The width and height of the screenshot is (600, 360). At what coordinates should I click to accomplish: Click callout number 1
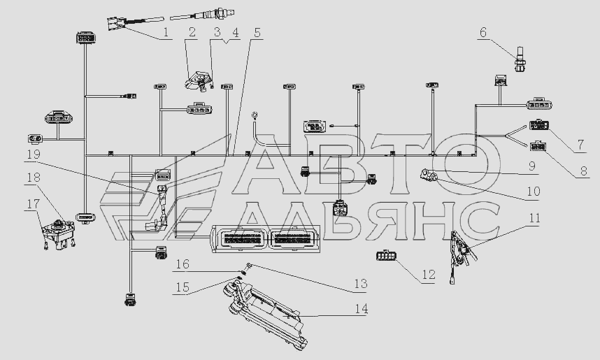166,33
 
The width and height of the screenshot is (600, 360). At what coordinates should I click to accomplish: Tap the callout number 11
534,218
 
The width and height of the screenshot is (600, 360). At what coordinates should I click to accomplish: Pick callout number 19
33,154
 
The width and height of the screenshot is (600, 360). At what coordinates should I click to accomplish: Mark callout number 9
532,168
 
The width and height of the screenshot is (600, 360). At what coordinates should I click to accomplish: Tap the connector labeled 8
538,146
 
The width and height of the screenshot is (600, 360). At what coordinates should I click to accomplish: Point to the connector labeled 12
385,257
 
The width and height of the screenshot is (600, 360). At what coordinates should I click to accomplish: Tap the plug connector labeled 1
117,23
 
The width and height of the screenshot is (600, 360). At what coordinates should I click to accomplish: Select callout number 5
257,33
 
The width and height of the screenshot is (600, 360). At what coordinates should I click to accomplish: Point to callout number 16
182,264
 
